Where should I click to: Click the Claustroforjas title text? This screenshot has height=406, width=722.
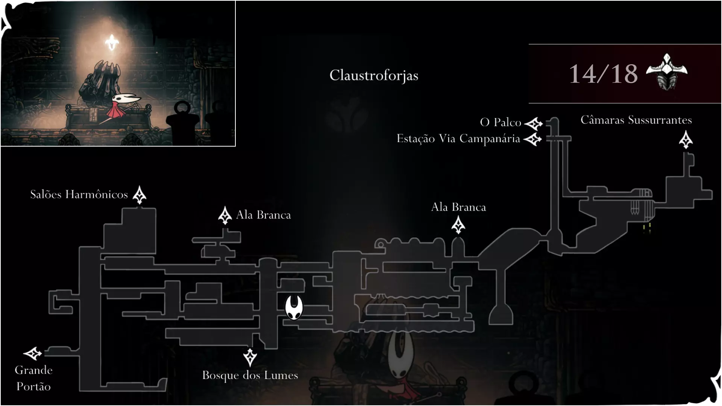click(374, 76)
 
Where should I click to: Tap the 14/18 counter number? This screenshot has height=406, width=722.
click(603, 74)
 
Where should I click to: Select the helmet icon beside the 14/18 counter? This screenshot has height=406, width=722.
click(667, 72)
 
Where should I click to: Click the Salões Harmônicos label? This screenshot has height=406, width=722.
click(79, 194)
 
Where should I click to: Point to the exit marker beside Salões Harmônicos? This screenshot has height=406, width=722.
click(140, 195)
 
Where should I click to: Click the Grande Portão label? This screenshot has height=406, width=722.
click(33, 378)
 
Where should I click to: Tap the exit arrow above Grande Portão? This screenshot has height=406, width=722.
click(33, 353)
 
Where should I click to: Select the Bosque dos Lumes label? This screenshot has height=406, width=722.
click(250, 375)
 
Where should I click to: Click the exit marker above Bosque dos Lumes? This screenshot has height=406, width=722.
click(250, 357)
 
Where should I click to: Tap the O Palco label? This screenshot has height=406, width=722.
click(501, 122)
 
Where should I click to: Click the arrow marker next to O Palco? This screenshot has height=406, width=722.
click(534, 123)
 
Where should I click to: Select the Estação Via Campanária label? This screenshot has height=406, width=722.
click(458, 139)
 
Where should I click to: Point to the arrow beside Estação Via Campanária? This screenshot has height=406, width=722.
click(533, 139)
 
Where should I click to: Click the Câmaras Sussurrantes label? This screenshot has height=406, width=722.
click(636, 120)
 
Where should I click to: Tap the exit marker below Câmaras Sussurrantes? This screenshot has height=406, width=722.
click(686, 140)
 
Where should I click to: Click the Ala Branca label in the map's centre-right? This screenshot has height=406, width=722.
click(458, 207)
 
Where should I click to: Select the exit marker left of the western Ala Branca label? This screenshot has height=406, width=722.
click(225, 215)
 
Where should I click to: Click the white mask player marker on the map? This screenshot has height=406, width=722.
click(294, 307)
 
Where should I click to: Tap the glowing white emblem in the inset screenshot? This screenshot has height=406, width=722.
click(112, 42)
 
